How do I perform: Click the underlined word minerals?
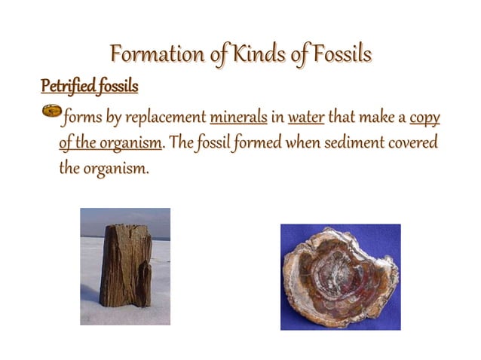click(x=237, y=118)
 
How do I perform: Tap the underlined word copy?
click(x=424, y=118)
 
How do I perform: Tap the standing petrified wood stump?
click(x=125, y=265)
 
